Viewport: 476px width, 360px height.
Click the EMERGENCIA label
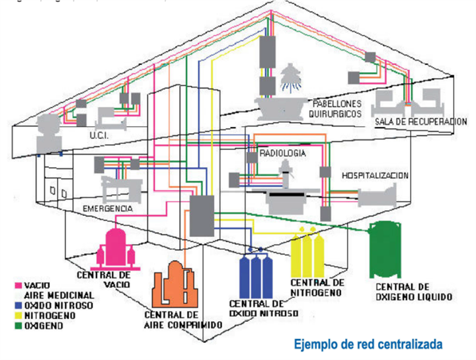[x=108, y=209]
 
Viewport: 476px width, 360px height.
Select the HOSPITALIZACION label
[x=375, y=176]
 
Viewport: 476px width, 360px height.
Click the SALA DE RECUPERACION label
[x=413, y=122]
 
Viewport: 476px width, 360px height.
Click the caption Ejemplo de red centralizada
[x=368, y=344]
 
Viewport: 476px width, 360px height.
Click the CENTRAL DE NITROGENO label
[x=317, y=287]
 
